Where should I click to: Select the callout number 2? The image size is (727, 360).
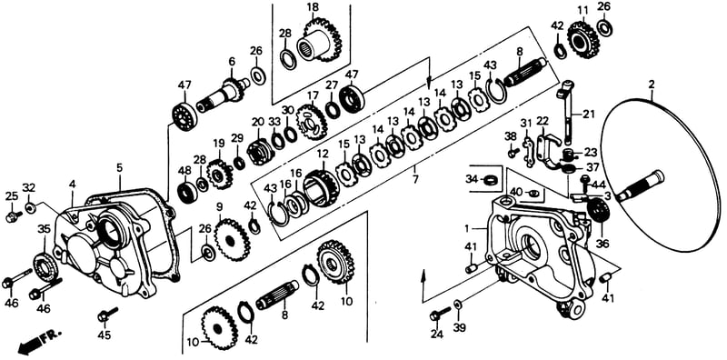(x=652, y=85)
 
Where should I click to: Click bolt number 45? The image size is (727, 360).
(x=107, y=315)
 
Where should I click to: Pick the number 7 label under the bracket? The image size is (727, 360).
(x=415, y=178)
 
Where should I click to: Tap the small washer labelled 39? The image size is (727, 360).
(x=457, y=304)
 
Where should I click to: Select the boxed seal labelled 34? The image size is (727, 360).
(x=487, y=179)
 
